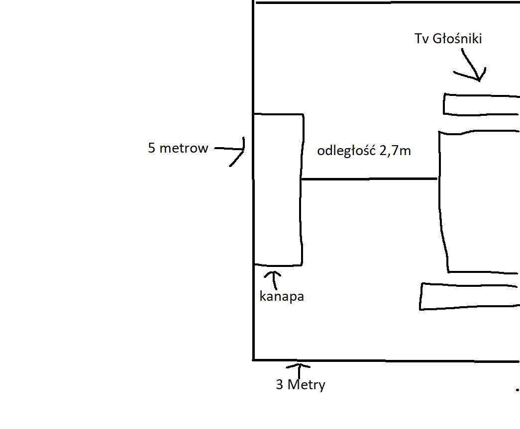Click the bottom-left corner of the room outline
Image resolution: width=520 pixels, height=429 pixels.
tap(254, 360)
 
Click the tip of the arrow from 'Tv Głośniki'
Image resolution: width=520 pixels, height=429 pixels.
tap(479, 81)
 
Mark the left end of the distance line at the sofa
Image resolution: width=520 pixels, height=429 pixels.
tap(302, 179)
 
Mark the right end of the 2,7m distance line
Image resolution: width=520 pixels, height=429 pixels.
tap(437, 178)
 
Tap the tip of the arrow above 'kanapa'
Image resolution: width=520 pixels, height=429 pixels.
tap(274, 272)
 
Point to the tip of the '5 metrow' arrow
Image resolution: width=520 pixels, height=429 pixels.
tap(244, 149)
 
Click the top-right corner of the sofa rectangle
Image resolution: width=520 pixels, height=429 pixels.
tap(303, 115)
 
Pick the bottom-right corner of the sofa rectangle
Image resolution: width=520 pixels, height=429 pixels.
tap(302, 265)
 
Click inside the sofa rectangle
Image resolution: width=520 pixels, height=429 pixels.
tap(278, 189)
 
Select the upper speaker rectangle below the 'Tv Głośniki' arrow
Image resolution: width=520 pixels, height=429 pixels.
tap(482, 105)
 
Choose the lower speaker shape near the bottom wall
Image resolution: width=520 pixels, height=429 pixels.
tap(470, 296)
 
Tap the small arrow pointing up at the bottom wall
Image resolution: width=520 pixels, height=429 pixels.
tap(299, 371)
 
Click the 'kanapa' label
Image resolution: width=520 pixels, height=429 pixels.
tap(282, 296)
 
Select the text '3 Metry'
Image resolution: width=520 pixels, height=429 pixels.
tap(301, 385)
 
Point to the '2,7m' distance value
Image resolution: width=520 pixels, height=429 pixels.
tap(395, 151)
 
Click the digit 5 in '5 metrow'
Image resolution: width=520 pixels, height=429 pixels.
tap(152, 148)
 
